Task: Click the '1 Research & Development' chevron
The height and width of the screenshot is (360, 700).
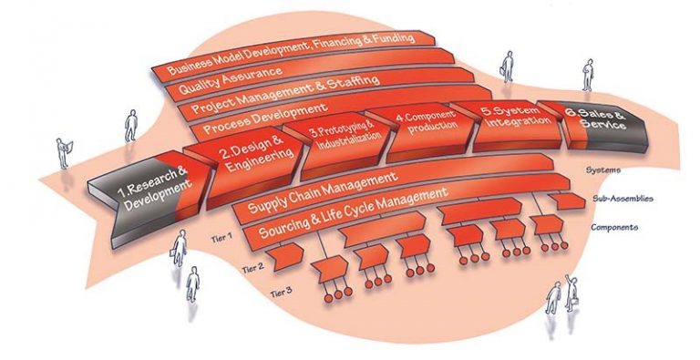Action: tap(150, 186)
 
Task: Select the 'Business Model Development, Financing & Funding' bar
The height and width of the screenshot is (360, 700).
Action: tap(292, 54)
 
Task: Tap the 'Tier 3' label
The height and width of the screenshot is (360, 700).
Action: tap(283, 292)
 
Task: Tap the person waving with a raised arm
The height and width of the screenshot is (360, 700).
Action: tap(573, 292)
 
